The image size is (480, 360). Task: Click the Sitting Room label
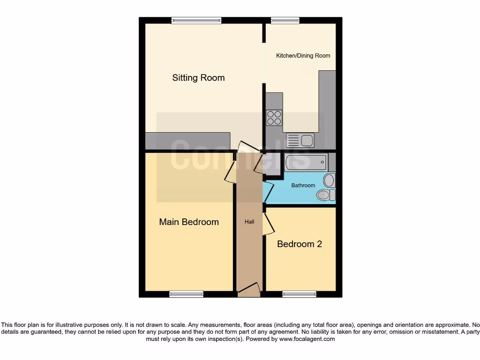coord(198,78)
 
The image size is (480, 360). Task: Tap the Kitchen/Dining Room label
coord(303,56)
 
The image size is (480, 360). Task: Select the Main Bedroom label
coord(189,222)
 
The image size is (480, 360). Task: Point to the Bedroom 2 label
coord(300,244)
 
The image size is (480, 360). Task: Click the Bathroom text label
coord(303,186)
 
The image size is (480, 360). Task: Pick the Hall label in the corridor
coord(249,222)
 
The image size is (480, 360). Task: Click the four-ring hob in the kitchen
coord(274,117)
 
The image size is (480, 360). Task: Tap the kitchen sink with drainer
coord(300,140)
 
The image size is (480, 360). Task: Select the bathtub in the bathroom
coord(305,163)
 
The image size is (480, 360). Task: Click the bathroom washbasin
coord(330,180)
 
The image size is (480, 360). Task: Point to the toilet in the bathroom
coord(325,195)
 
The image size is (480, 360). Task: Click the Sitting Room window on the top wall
coord(196,20)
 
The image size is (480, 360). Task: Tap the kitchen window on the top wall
coord(285,20)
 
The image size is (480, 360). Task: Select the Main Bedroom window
coord(187,294)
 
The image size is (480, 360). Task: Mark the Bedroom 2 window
coord(299,294)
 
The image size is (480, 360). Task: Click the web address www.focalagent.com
coord(307,339)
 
